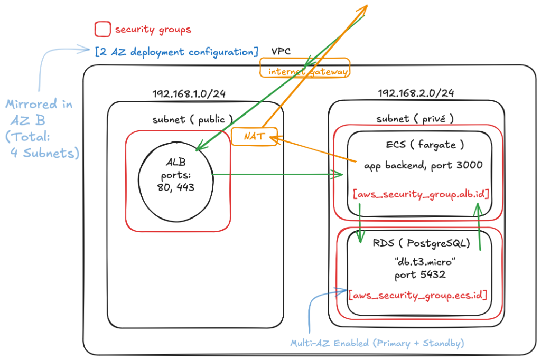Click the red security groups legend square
coord(102,29)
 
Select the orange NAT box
coord(254,137)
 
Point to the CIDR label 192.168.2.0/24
coord(416,93)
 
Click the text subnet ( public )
coord(192,119)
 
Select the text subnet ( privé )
coord(415,119)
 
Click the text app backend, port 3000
coord(423,165)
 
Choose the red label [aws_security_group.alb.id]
coord(421,194)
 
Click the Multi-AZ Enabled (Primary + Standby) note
coord(377,343)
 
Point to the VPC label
coord(281,51)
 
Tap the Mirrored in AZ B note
coord(40,129)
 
